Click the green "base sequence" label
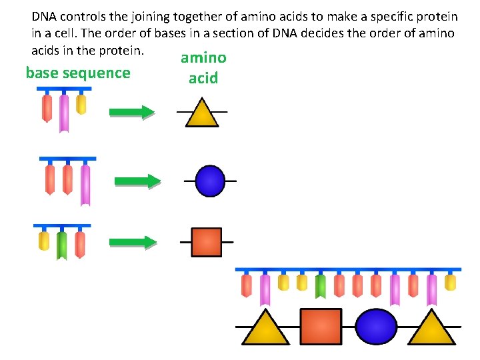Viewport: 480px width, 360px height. click(77, 73)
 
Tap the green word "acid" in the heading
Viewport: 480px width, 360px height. click(203, 78)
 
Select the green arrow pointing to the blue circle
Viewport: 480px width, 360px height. click(137, 181)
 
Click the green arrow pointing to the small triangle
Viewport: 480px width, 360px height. click(131, 113)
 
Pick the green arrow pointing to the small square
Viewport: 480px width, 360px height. click(133, 242)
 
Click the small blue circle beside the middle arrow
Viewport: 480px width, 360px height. click(210, 181)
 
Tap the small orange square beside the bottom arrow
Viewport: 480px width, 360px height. click(206, 242)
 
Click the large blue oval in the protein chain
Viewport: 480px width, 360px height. click(376, 326)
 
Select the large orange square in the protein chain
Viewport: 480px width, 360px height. click(321, 326)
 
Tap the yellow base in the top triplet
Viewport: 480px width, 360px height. click(81, 105)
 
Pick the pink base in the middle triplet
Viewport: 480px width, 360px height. click(85, 185)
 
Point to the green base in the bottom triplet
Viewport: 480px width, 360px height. click(62, 245)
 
